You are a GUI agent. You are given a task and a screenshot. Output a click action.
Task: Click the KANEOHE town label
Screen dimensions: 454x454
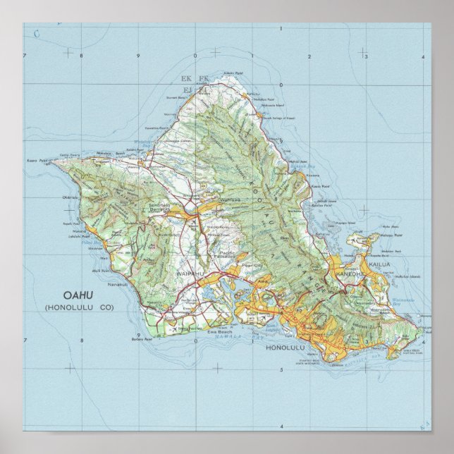pos(351,273)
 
